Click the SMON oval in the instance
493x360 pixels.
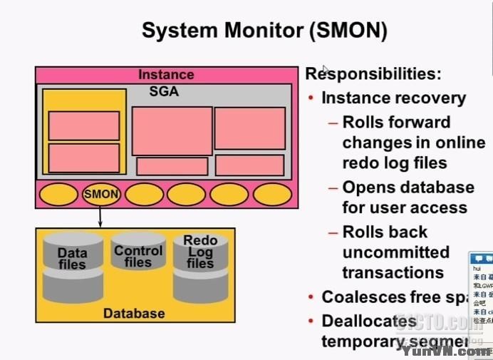[x=101, y=193]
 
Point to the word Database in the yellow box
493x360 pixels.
[x=134, y=313]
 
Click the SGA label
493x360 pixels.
[x=164, y=92]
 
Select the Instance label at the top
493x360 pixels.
[x=166, y=75]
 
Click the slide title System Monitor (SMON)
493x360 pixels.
[x=264, y=31]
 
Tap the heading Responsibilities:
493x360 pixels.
[x=373, y=74]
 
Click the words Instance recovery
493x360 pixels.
[x=393, y=98]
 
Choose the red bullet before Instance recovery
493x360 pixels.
[x=311, y=98]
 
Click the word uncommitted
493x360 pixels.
[x=395, y=252]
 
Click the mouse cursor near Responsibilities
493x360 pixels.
[x=326, y=70]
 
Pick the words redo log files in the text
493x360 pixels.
[x=395, y=163]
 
